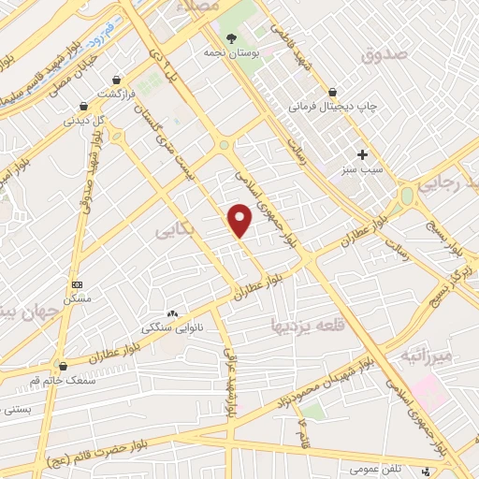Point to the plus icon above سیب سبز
[362, 154]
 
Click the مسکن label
[76, 298]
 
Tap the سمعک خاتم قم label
[64, 380]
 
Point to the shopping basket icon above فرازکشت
[116, 81]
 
